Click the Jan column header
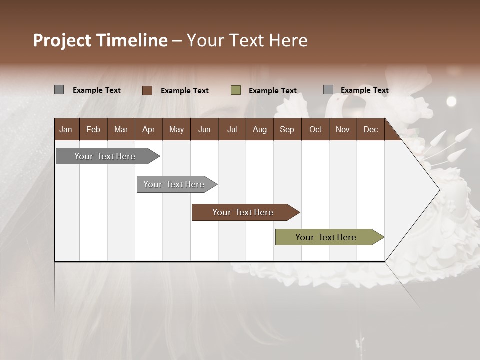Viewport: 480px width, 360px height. tap(66, 129)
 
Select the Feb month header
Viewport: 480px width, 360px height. tap(93, 129)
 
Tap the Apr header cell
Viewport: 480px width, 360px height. tap(148, 129)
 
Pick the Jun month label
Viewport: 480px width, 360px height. tap(204, 129)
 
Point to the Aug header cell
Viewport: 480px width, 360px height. tap(259, 129)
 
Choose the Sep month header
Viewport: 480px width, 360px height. tap(287, 129)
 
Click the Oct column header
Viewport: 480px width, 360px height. tap(315, 129)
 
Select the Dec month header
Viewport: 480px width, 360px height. tap(370, 129)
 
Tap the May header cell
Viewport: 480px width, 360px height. tap(176, 129)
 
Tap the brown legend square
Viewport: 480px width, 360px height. tap(147, 90)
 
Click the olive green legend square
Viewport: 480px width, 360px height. tap(236, 90)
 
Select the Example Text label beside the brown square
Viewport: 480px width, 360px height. tap(185, 91)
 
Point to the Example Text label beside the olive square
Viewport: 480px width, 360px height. tap(273, 91)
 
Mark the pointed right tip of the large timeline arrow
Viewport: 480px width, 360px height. tap(439, 190)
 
